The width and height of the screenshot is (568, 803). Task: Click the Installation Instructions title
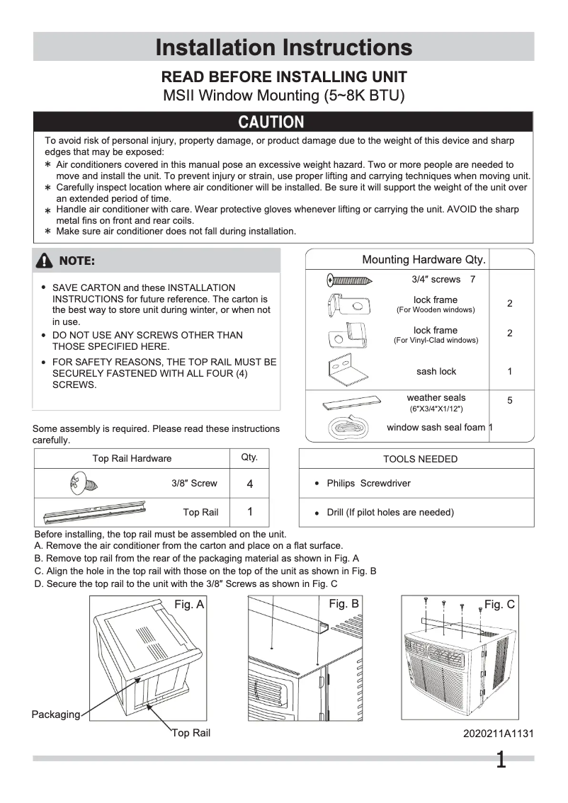tap(283, 47)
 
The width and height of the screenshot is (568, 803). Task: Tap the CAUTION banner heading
tap(271, 123)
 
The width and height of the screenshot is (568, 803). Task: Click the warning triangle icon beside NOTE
tap(46, 261)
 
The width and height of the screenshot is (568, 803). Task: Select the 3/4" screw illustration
tap(349, 280)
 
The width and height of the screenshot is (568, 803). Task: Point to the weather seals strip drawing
tap(351, 401)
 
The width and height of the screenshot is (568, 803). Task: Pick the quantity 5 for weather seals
tap(510, 401)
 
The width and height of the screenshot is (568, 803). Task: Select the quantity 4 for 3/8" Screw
tap(249, 484)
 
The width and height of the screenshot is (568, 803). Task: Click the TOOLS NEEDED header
tap(420, 459)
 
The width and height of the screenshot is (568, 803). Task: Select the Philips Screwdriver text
tap(368, 484)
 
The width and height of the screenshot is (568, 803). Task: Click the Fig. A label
tap(189, 604)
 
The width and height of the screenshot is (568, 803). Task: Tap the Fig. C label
tap(499, 604)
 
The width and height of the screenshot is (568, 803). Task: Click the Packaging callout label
tap(56, 714)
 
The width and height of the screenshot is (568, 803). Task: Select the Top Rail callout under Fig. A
tap(191, 733)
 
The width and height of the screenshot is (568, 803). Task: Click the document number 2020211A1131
tap(498, 734)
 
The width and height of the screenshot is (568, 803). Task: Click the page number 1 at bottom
tap(501, 761)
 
